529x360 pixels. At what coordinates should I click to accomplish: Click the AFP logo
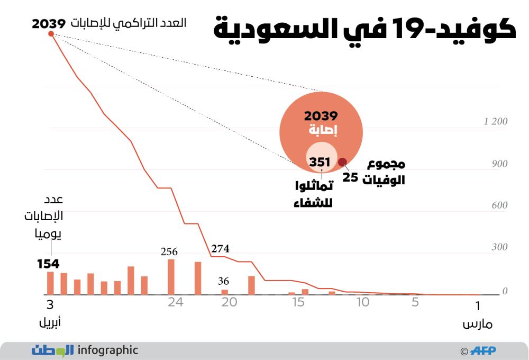tap(483, 350)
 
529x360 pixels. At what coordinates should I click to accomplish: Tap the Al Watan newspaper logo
tap(52, 350)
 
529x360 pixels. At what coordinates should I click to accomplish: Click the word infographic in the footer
tap(107, 350)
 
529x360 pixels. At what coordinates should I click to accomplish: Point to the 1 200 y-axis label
tap(496, 122)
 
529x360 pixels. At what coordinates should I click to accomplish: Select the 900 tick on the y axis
tap(499, 164)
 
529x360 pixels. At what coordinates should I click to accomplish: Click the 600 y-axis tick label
tap(499, 205)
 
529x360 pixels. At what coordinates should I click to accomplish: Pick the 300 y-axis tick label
tap(499, 247)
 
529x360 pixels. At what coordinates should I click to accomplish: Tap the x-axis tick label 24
tap(175, 302)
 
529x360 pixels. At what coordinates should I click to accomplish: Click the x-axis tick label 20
tap(229, 302)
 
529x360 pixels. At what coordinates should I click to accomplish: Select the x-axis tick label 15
tap(298, 302)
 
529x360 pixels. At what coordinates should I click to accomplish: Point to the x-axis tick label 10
tap(362, 302)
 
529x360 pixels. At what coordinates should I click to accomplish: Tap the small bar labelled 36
tap(224, 292)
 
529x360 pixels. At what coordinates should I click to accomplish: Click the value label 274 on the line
tap(220, 248)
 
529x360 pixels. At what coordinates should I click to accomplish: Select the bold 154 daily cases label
tap(48, 264)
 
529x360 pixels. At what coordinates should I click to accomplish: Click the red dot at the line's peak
tap(51, 34)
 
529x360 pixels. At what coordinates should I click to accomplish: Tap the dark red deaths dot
tap(342, 163)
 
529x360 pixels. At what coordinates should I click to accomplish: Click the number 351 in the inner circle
tap(320, 163)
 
